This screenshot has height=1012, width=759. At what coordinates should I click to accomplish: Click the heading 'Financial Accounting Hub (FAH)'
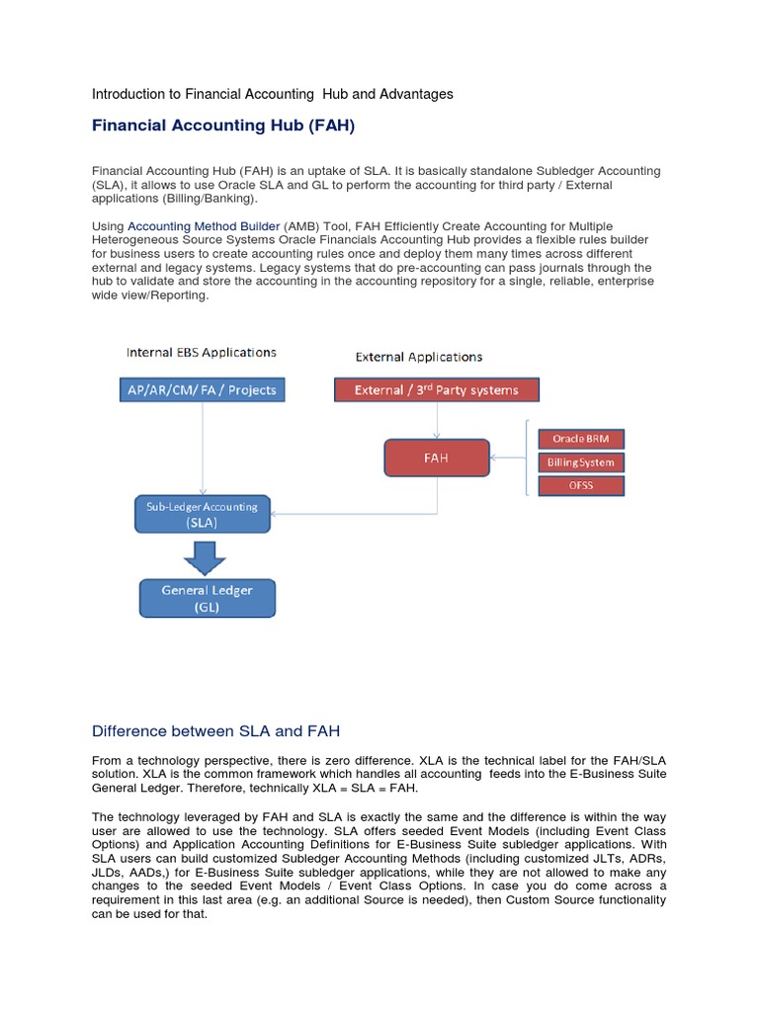pyautogui.click(x=222, y=126)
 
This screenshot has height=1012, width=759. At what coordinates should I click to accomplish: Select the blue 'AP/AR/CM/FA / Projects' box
pyautogui.click(x=203, y=389)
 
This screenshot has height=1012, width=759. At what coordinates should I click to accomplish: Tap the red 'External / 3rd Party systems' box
pyautogui.click(x=437, y=389)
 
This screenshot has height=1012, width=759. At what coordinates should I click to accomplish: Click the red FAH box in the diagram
pyautogui.click(x=436, y=458)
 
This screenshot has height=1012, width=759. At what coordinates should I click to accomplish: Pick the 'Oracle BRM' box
pyautogui.click(x=580, y=439)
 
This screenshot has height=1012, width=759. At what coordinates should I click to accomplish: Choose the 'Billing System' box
pyautogui.click(x=580, y=462)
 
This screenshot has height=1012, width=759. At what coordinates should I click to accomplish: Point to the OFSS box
pyautogui.click(x=580, y=485)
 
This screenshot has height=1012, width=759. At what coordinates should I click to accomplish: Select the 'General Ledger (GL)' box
pyautogui.click(x=207, y=598)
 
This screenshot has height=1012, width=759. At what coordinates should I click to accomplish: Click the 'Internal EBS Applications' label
pyautogui.click(x=202, y=352)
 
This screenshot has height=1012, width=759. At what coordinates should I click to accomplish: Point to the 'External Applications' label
pyautogui.click(x=419, y=357)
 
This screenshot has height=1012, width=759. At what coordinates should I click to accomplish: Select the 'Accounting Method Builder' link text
pyautogui.click(x=204, y=226)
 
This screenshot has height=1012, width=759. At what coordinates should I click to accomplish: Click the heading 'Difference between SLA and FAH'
pyautogui.click(x=215, y=731)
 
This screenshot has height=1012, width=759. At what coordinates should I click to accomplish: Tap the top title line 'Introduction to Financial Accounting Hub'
pyautogui.click(x=272, y=94)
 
